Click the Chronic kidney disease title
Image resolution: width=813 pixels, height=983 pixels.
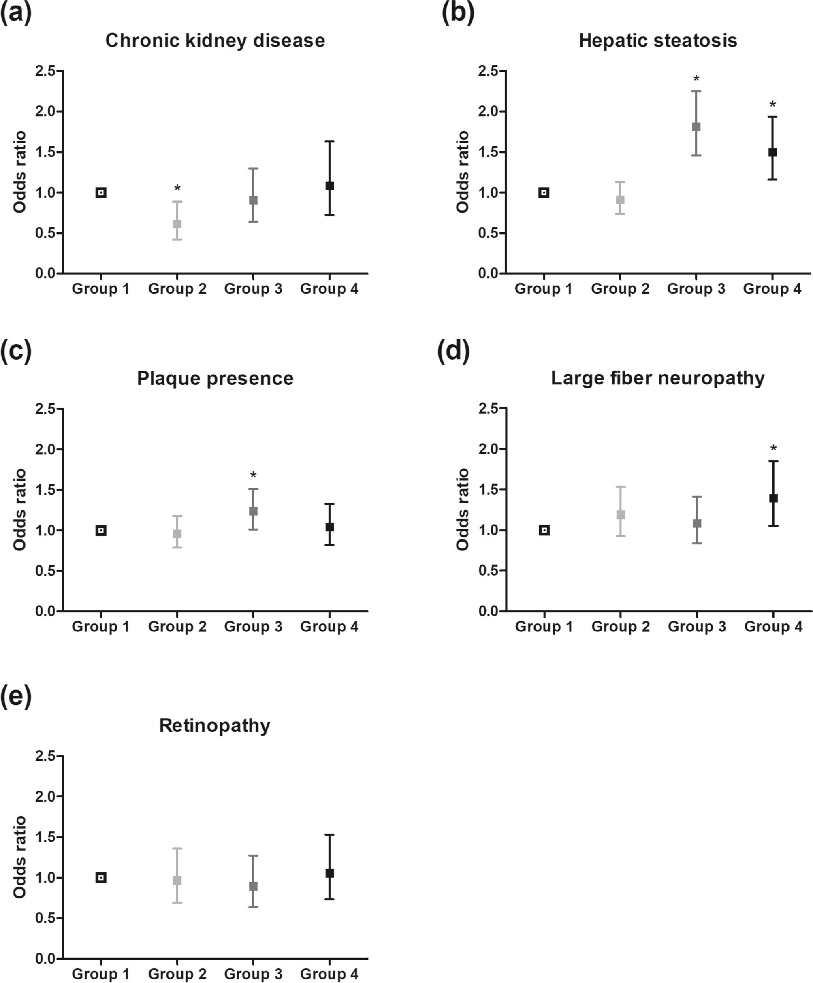[215, 41]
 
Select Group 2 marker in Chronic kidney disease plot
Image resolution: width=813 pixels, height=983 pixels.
[177, 224]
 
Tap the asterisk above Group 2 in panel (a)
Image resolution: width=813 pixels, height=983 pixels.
[177, 189]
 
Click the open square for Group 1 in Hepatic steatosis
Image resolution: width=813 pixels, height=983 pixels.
[543, 193]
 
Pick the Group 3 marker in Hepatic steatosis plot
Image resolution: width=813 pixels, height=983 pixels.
[696, 127]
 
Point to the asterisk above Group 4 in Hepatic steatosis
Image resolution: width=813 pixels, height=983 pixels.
[773, 105]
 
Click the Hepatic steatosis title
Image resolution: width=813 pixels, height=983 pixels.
[657, 41]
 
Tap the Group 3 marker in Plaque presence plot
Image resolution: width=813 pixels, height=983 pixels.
[253, 511]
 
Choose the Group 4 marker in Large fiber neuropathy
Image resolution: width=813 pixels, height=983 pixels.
[773, 498]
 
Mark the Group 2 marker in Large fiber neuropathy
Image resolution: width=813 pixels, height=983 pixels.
[621, 515]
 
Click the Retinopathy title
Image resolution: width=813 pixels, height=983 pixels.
[215, 725]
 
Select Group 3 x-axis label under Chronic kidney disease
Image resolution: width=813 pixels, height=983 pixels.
[253, 289]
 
